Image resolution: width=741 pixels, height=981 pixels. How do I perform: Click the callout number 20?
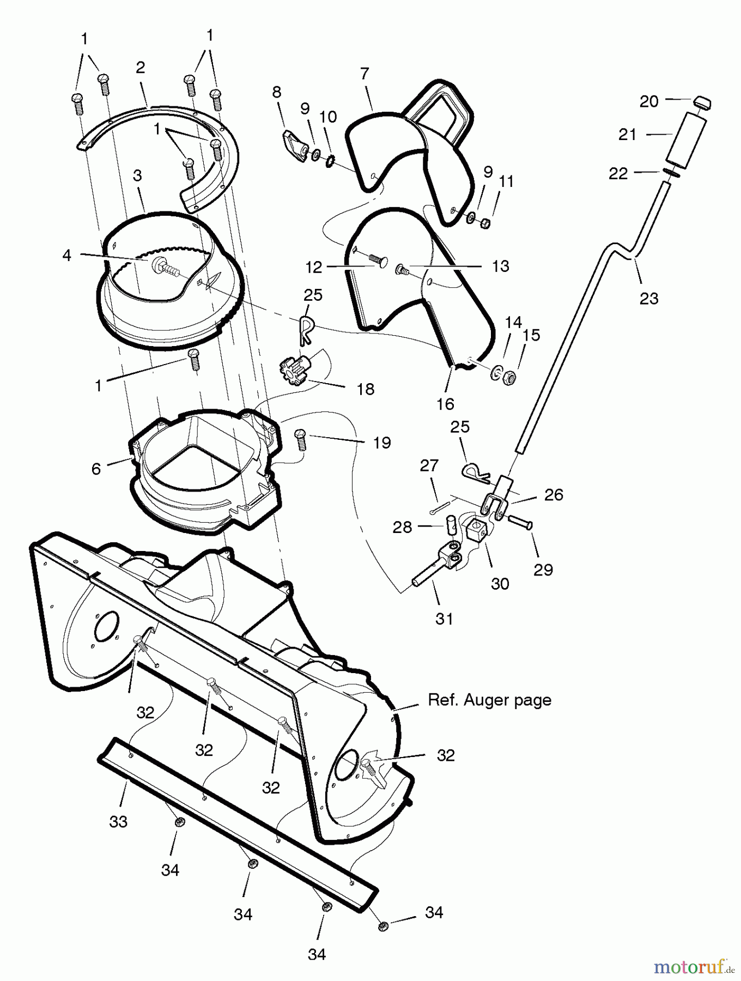point(649,101)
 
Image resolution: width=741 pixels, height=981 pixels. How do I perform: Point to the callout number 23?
point(649,298)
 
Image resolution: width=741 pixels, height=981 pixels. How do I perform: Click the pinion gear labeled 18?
point(290,363)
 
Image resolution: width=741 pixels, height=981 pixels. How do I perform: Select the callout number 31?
point(444,619)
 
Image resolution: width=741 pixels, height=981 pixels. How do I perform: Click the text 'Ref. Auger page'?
point(489,700)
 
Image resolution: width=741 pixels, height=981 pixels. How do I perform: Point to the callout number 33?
point(118,821)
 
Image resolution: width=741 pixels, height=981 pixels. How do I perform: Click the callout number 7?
point(365,73)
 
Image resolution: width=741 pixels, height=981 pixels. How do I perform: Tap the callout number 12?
point(314,267)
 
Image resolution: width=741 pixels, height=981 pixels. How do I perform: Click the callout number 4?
point(67,255)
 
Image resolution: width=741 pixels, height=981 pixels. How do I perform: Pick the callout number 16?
point(445,404)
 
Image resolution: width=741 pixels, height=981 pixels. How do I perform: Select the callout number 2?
point(140,68)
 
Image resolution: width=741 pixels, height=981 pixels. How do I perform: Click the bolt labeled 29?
point(520,522)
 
